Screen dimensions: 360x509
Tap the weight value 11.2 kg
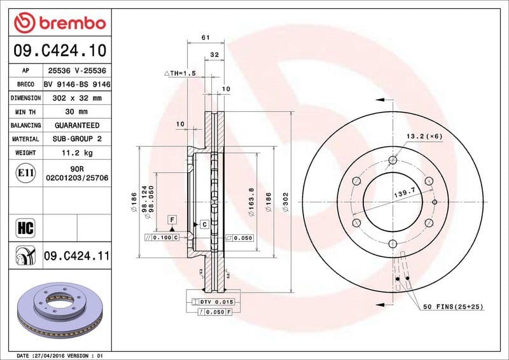pos(76,153)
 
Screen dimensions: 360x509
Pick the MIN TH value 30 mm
pos(76,112)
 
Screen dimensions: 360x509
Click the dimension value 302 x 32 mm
pos(76,98)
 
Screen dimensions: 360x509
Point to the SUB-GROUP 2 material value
pos(76,139)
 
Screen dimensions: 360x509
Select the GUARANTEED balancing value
pos(76,125)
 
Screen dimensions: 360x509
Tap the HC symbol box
pos(25,227)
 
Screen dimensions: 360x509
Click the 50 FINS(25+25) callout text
pos(453,307)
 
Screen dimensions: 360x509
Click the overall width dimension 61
pos(206,38)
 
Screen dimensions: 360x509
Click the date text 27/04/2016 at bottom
pos(63,355)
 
